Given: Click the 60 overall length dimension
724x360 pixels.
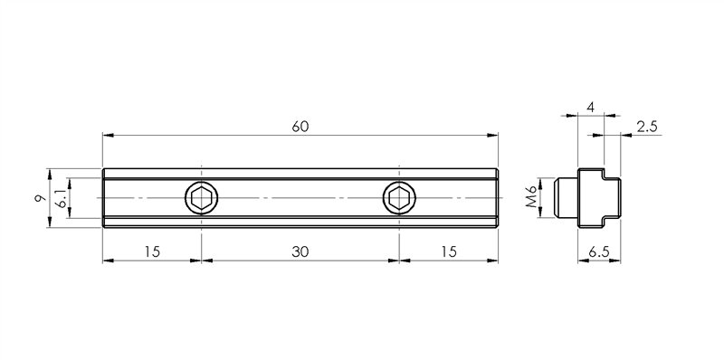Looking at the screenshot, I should tap(300, 126).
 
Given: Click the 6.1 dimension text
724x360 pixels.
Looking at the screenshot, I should tap(61, 198).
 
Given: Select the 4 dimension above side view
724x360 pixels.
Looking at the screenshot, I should tap(590, 107).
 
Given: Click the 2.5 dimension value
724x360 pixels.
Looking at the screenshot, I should tap(647, 126).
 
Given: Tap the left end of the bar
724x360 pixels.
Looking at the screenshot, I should tap(105, 198).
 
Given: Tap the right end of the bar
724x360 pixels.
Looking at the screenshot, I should tap(496, 198).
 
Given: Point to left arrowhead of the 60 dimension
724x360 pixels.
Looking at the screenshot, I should tap(107, 136).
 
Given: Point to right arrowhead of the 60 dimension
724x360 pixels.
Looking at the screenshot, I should tap(494, 136).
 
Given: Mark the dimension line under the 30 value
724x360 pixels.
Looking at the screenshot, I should tap(300, 261).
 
